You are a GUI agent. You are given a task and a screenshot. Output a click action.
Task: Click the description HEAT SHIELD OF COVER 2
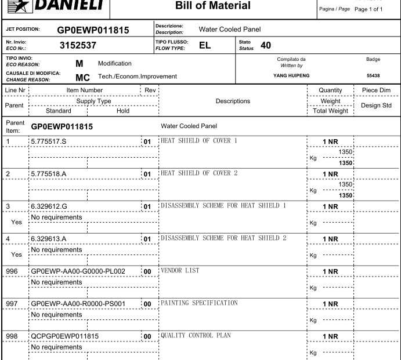pyautogui.click(x=202, y=173)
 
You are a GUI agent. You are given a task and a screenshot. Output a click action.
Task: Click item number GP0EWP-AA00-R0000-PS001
pyautogui.click(x=79, y=303)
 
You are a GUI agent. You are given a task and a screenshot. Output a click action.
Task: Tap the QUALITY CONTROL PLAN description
pyautogui.click(x=192, y=335)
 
